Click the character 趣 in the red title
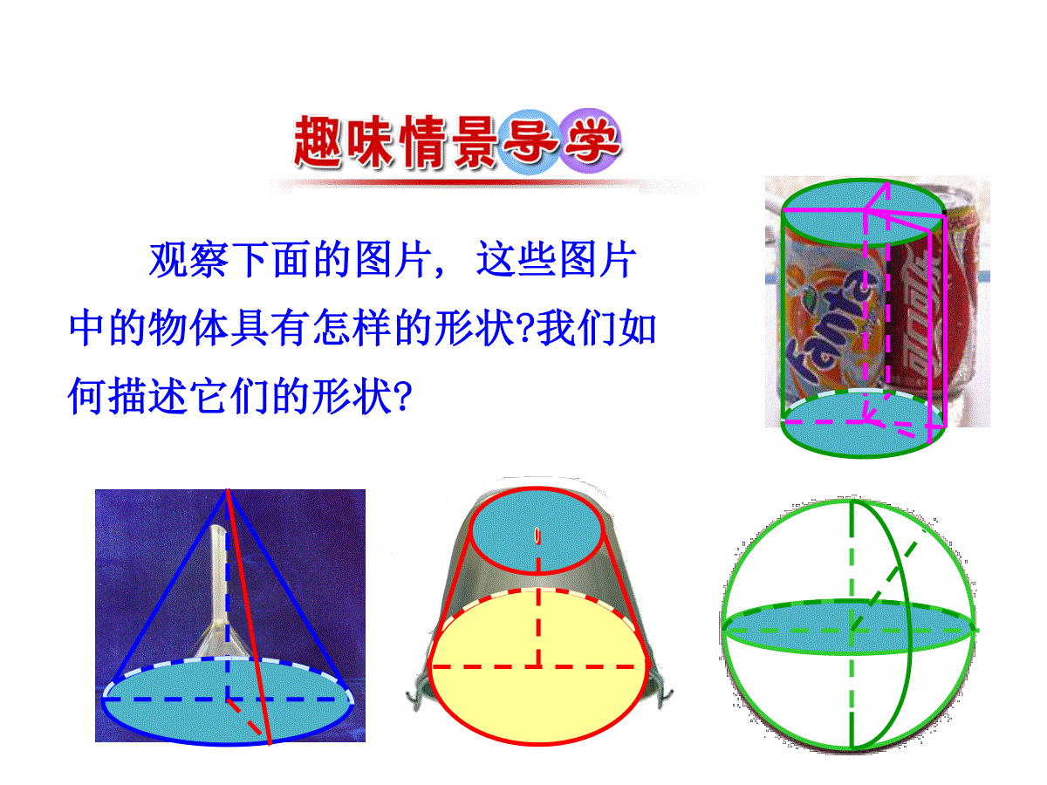click(318, 141)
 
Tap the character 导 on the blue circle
click(529, 141)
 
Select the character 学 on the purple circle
click(592, 140)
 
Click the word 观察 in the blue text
click(188, 260)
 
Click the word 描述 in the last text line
click(147, 396)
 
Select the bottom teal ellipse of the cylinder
click(864, 423)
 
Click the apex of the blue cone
click(228, 490)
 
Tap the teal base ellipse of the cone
click(228, 700)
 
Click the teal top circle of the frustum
click(537, 530)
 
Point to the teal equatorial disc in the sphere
click(849, 627)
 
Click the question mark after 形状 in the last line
click(404, 397)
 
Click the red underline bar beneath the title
click(487, 183)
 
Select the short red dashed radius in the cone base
click(245, 717)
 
